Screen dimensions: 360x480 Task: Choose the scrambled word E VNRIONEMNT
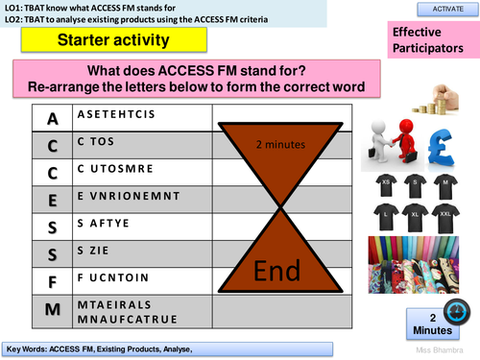click(110, 201)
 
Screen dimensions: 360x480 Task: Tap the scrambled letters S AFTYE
click(96, 228)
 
